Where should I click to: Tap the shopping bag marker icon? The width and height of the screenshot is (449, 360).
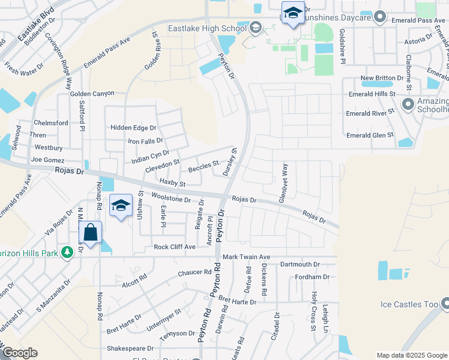tap(91, 233)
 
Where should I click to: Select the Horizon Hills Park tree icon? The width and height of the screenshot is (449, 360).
tap(70, 253)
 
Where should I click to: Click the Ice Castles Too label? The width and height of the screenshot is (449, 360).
tap(409, 304)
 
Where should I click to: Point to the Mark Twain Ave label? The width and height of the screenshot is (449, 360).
tap(247, 257)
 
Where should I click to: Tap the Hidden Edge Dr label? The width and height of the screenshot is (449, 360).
tap(133, 128)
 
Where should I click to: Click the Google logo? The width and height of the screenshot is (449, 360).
tap(19, 353)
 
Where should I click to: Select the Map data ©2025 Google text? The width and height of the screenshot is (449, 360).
tap(411, 355)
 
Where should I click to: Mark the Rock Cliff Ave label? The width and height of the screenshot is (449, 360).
tap(175, 247)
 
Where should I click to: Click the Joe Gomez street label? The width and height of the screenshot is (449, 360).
tap(47, 160)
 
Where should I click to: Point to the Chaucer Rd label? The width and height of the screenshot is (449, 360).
tap(196, 273)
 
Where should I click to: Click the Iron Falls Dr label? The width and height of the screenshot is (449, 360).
tap(146, 141)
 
